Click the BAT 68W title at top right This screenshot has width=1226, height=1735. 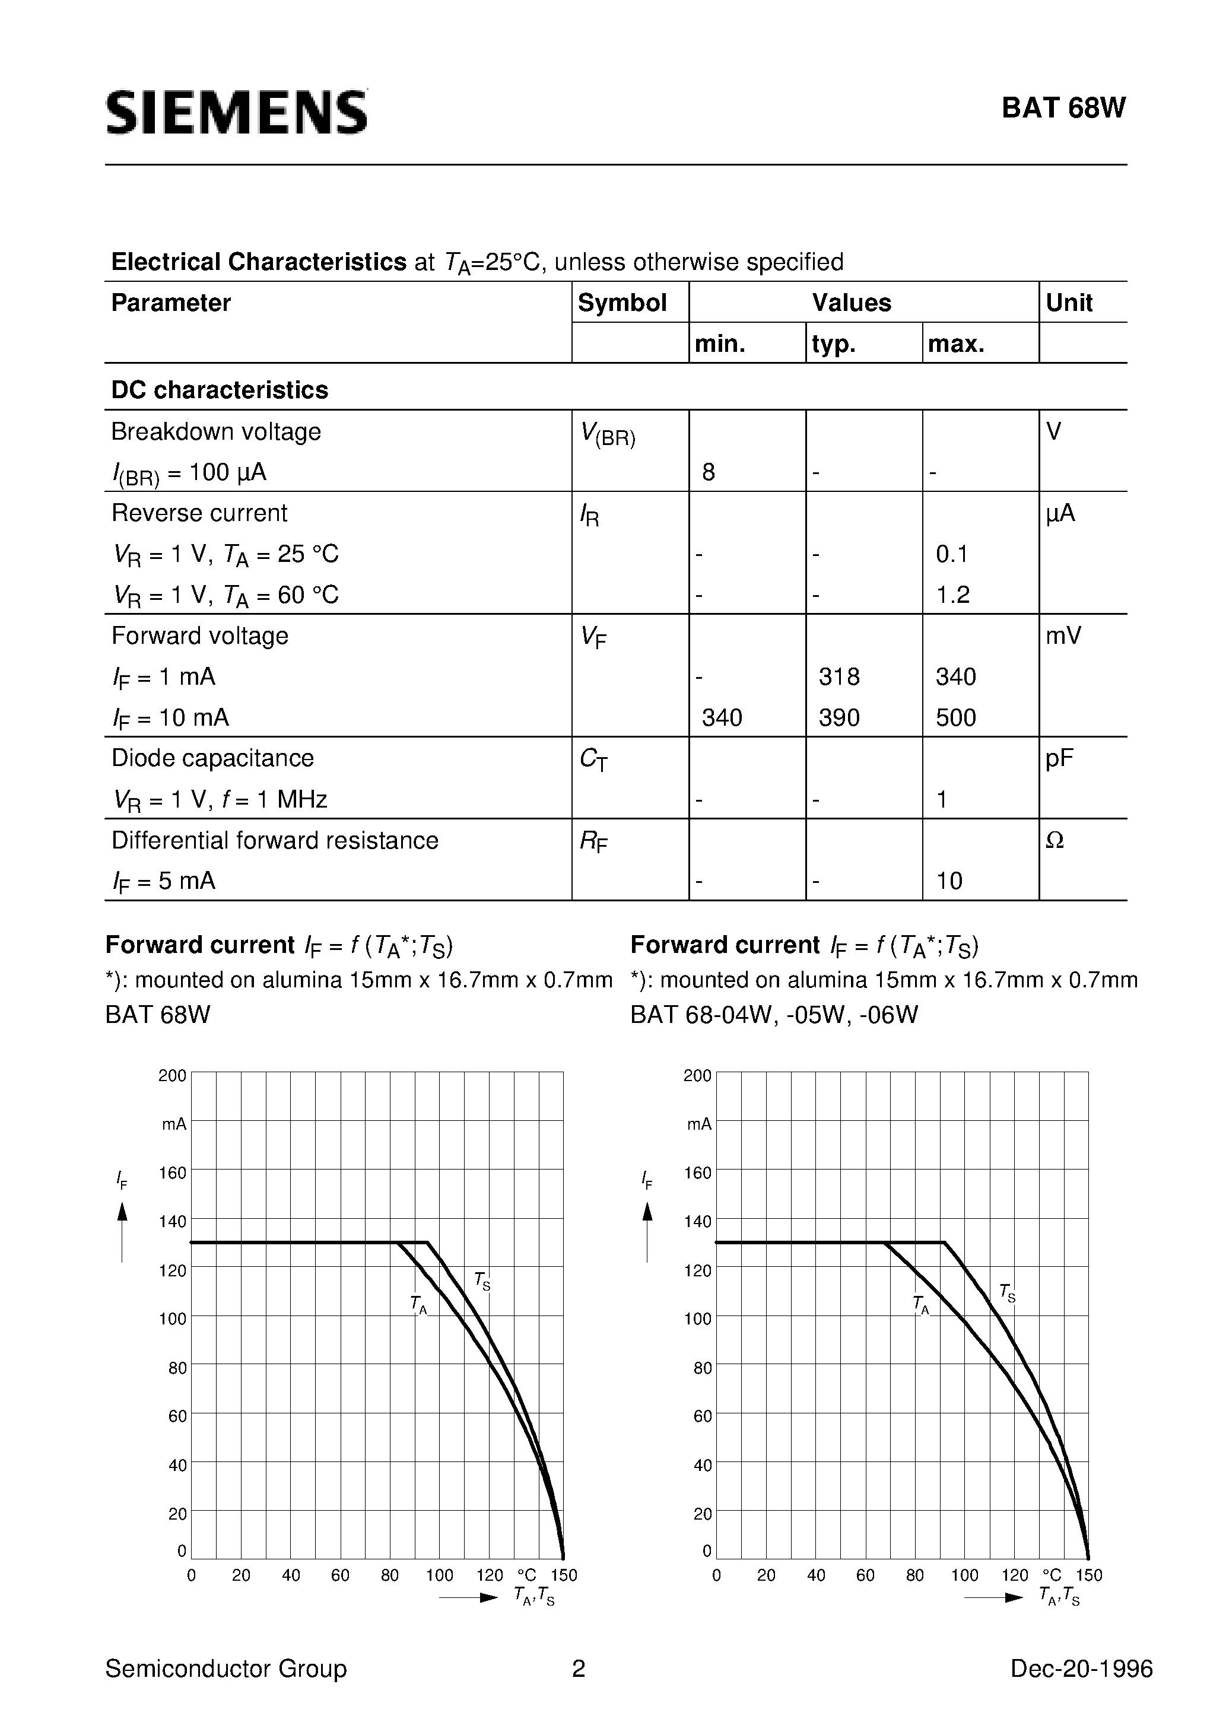[x=1063, y=109]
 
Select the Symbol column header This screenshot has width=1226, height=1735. [x=621, y=303]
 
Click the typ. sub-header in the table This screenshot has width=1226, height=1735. [x=834, y=345]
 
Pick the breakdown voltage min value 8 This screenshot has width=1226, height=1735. [x=708, y=472]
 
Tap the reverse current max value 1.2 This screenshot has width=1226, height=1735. [x=952, y=595]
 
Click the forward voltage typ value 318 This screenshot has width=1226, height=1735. [x=839, y=676]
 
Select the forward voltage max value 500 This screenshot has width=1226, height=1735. [x=955, y=717]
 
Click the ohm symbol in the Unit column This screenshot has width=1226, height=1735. [x=1055, y=840]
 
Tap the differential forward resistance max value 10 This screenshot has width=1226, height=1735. [x=949, y=881]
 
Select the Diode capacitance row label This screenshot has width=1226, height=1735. [x=212, y=758]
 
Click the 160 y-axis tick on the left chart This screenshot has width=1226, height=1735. [x=172, y=1173]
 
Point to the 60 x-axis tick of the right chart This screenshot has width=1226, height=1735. [x=865, y=1575]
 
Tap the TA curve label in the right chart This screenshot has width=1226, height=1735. [x=920, y=1304]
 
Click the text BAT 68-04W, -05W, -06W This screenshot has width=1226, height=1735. [x=774, y=1014]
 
